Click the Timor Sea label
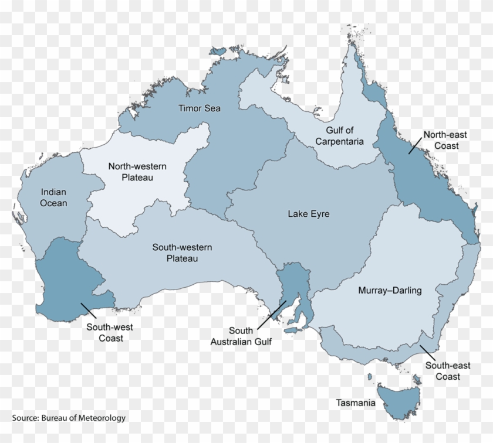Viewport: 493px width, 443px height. (200, 108)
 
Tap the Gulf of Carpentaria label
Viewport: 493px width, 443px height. (339, 135)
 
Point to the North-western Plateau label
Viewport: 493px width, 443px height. (137, 172)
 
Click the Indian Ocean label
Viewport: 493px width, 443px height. (53, 197)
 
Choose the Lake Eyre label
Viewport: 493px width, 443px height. (308, 214)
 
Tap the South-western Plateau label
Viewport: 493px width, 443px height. (182, 253)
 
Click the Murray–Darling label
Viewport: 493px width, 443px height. (390, 290)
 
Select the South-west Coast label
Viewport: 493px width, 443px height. (110, 332)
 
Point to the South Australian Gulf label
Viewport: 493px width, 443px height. (241, 336)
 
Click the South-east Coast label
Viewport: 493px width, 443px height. (448, 371)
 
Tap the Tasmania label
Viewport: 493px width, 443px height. (356, 403)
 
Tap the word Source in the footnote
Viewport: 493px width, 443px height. (25, 418)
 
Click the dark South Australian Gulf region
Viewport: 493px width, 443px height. (292, 281)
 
